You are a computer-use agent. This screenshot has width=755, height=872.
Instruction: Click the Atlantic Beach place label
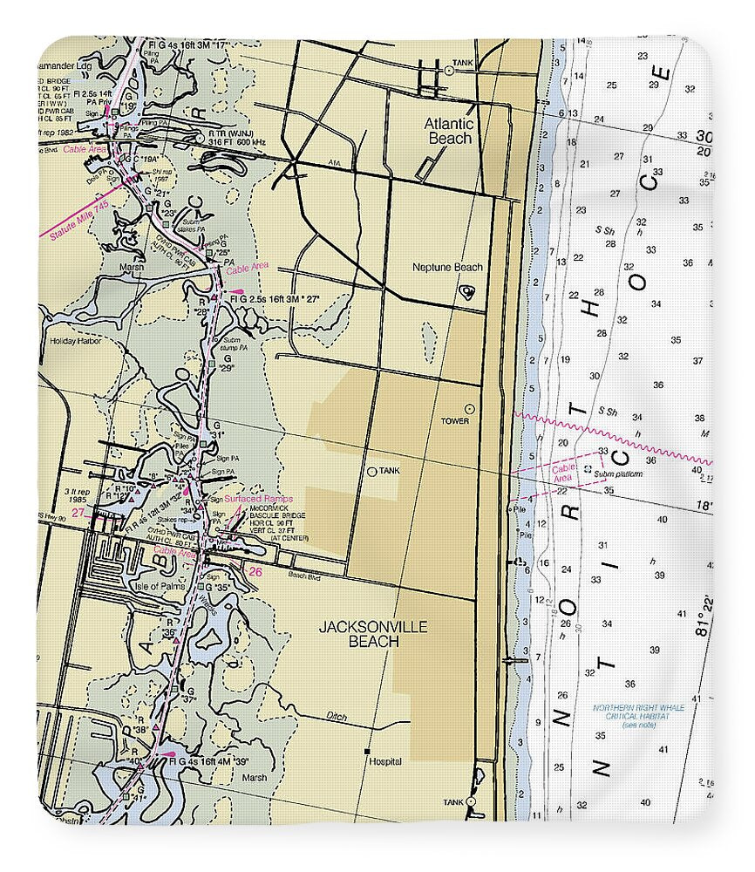(x=448, y=131)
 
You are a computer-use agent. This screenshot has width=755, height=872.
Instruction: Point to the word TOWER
(x=454, y=421)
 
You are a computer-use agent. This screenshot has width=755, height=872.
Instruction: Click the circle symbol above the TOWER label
(x=469, y=408)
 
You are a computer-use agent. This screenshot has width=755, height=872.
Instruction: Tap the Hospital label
(x=385, y=761)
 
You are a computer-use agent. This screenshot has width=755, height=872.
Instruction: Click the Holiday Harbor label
(x=75, y=341)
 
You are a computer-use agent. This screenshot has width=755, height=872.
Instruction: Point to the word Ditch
(x=337, y=717)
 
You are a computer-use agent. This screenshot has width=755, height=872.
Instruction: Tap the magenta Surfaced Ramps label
(x=258, y=499)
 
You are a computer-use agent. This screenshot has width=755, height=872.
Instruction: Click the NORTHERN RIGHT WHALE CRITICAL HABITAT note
(x=637, y=716)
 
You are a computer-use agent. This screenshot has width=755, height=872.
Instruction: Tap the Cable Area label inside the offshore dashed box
(x=562, y=473)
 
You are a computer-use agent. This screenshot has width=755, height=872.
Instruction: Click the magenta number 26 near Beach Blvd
(x=255, y=572)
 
